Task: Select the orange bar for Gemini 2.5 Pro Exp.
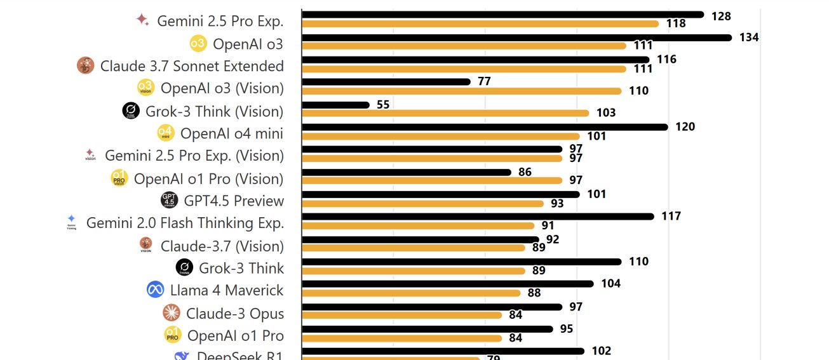pos(480,23)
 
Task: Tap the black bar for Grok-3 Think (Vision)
pos(335,105)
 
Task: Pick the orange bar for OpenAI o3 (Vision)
pos(461,91)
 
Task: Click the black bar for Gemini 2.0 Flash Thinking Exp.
pos(478,217)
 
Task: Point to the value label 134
pos(749,37)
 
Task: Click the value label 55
pos(383,105)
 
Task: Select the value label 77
pos(485,82)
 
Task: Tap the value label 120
pos(685,127)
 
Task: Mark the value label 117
pos(671,217)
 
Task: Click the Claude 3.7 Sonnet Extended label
pos(192,66)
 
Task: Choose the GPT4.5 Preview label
pos(234,201)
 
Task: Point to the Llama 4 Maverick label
pos(227,291)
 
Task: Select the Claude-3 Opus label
pos(235,314)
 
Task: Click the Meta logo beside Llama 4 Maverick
pos(156,290)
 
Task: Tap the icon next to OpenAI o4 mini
pos(166,133)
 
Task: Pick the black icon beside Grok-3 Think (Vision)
pos(131,111)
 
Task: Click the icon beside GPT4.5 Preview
pos(170,201)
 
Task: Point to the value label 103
pos(606,113)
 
